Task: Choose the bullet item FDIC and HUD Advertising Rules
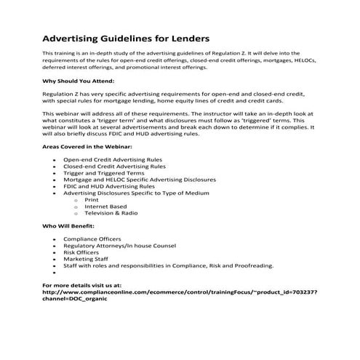coord(109,186)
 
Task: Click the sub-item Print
coord(91,199)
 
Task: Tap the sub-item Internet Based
coord(105,207)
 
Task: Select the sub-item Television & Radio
coord(111,213)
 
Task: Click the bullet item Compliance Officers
coord(92,238)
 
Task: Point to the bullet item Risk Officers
coord(82,252)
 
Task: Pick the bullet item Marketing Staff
coord(87,258)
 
